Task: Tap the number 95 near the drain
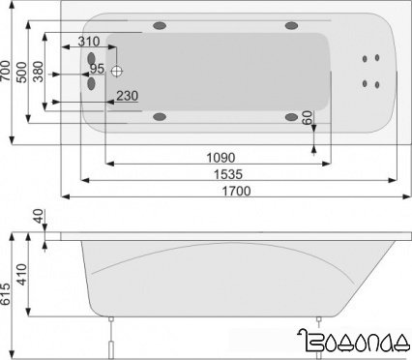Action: [x=97, y=70]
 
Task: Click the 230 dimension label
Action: [x=127, y=95]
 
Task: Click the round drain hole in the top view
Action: [x=117, y=71]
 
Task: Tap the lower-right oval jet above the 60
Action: [x=291, y=117]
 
